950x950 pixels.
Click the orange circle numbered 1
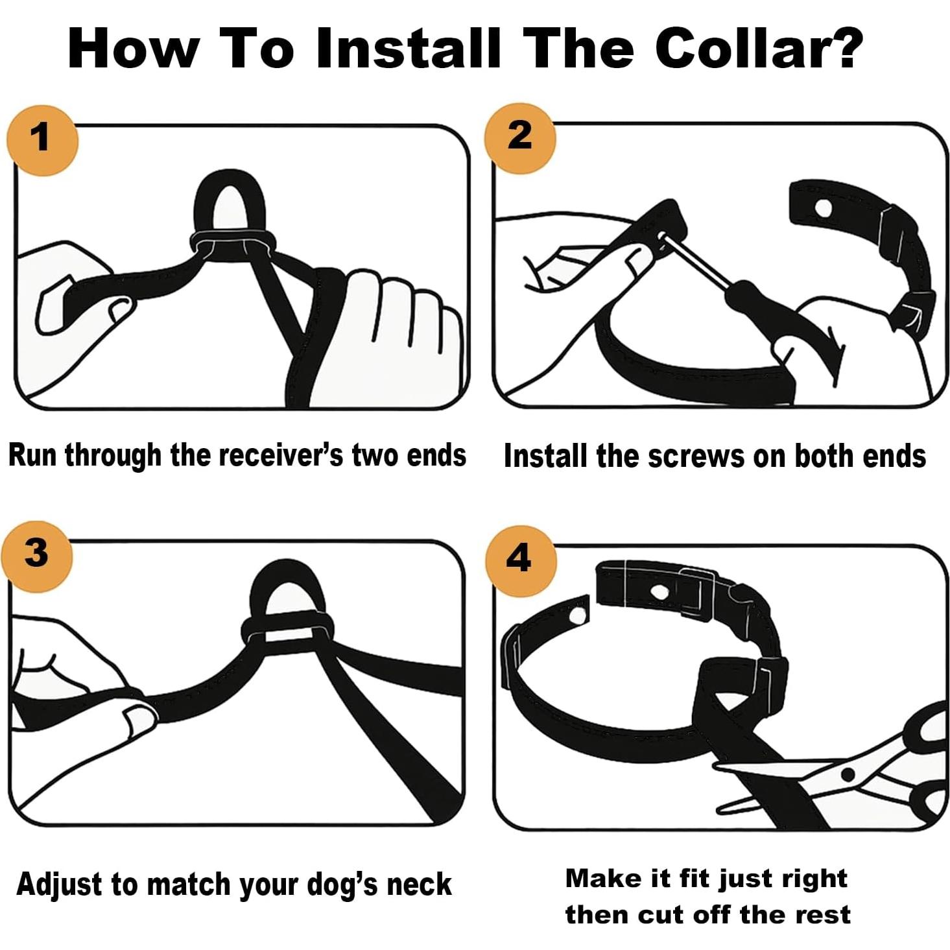(42, 140)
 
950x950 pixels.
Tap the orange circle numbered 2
(519, 138)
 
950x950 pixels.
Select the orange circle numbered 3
(36, 556)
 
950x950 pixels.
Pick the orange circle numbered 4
(521, 561)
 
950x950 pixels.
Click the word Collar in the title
(760, 49)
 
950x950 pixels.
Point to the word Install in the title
(408, 49)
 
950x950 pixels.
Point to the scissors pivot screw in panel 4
(848, 774)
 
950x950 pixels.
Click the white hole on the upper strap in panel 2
(823, 209)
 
